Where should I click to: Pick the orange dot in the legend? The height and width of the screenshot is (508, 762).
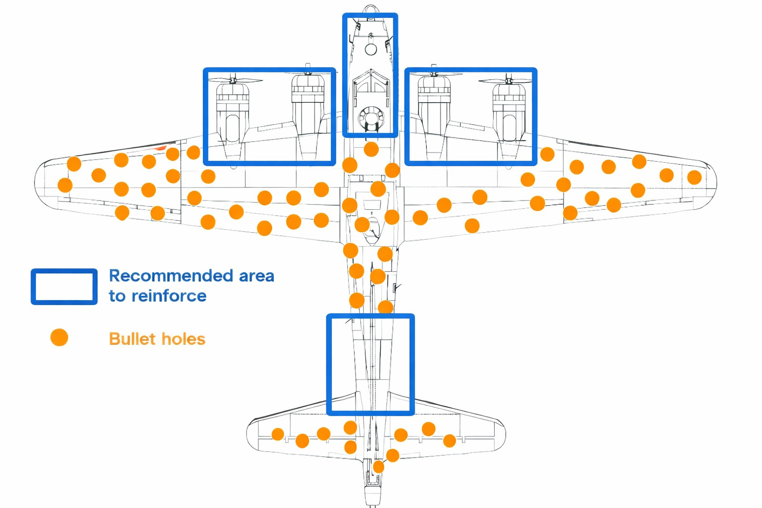tap(59, 337)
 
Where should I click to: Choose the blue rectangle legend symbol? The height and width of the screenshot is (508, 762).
tap(64, 287)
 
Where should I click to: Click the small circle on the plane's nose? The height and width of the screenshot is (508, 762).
tap(371, 49)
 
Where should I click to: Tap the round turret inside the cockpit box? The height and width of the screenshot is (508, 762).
tap(371, 119)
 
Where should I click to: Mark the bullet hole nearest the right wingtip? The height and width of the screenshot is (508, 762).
tap(695, 177)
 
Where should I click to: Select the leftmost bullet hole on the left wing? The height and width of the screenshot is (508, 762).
tap(65, 185)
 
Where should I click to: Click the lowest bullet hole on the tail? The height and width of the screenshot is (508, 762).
tap(379, 467)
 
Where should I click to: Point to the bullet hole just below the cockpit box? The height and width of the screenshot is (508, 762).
tap(371, 149)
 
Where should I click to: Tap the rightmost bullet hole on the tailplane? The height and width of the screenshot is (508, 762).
tap(449, 441)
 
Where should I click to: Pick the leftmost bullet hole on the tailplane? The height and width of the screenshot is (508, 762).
tap(278, 435)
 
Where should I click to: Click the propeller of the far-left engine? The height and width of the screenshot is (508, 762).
tap(233, 80)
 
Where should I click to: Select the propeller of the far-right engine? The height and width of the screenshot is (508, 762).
tap(508, 80)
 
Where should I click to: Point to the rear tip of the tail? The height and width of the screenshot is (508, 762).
tap(373, 504)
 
